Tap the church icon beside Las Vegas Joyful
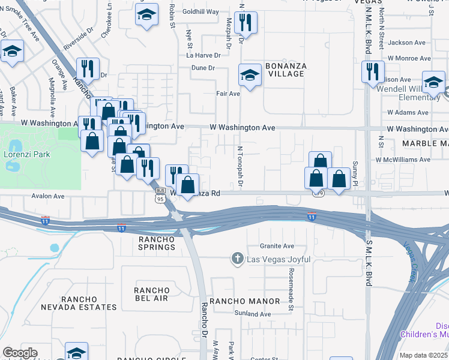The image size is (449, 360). [x=238, y=259]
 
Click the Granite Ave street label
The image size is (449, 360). [x=277, y=246]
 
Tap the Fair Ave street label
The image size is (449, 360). [x=228, y=94]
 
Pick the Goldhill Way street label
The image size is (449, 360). [x=200, y=11]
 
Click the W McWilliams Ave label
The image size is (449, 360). [x=403, y=160]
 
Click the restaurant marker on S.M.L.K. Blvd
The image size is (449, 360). [x=372, y=71]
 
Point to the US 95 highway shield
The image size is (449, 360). [x=160, y=198]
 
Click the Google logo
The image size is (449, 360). [x=20, y=353]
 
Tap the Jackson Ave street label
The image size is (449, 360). [x=409, y=43]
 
